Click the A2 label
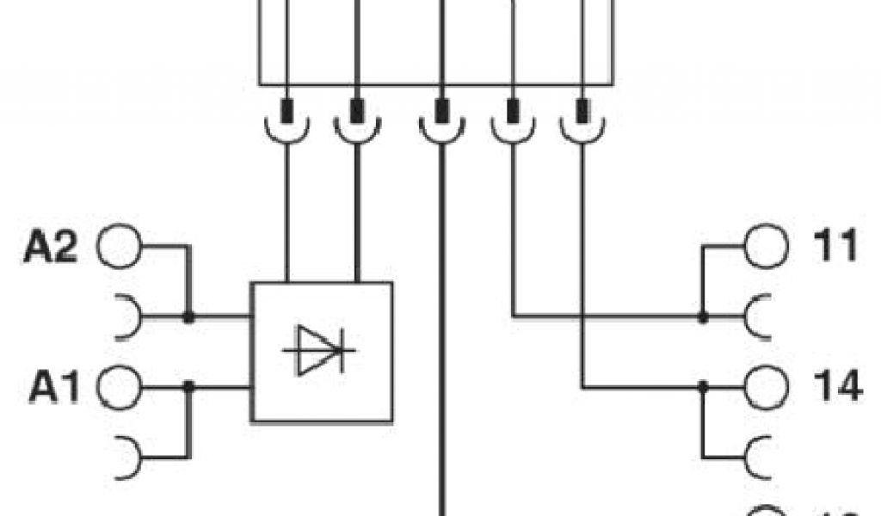pos(51,248)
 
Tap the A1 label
pos(54,388)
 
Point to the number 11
pos(835,248)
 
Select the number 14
pos(836,388)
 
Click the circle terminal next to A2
pos(119,248)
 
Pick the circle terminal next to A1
pos(119,388)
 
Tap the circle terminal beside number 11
pos(765,247)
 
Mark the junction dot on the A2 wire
pos(188,317)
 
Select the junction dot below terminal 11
pos(703,317)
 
